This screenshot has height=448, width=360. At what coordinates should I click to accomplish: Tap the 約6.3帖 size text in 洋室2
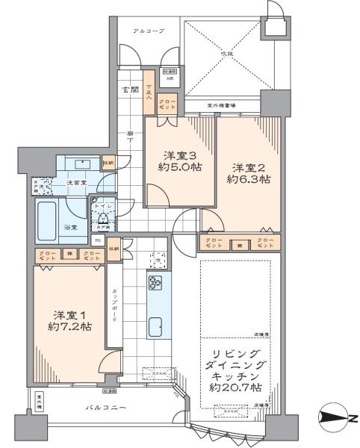click(x=248, y=180)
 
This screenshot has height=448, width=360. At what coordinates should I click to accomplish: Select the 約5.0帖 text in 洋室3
click(x=179, y=168)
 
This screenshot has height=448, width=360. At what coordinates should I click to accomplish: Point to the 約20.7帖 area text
click(x=236, y=388)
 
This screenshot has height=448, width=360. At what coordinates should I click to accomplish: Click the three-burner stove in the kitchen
click(x=157, y=283)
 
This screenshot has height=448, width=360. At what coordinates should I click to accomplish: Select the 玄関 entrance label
click(x=129, y=90)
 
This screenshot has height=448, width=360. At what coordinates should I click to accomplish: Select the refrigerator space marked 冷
click(x=157, y=259)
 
